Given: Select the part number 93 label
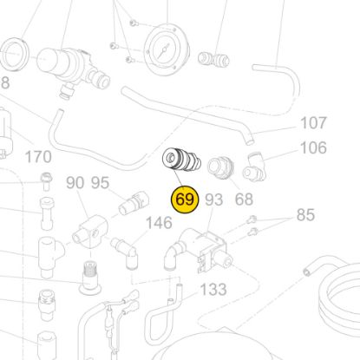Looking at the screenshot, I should pos(214,200).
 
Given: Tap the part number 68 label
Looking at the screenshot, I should pos(244,200).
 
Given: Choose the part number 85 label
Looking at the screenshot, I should pos(305,214).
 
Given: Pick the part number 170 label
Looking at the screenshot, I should pos(38,157).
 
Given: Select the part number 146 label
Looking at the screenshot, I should pos(159,223).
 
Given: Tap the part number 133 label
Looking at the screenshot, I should pos(213,288).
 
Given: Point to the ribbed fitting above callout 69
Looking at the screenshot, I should pos(183,162).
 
